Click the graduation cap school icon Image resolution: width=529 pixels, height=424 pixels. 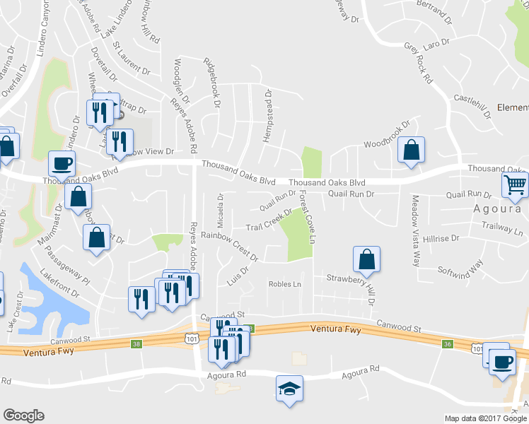[x=288, y=389]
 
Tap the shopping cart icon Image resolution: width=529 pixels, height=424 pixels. [x=516, y=186]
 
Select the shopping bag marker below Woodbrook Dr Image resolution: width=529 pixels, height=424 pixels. [x=410, y=150]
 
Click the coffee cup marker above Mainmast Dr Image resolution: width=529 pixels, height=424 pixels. [x=62, y=164]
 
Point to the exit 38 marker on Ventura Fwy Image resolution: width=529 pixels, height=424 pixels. [x=135, y=343]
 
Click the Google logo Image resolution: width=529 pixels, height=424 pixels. [x=24, y=416]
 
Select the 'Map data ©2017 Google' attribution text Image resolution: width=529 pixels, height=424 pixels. [x=485, y=418]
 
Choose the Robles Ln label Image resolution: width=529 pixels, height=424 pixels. [x=284, y=284]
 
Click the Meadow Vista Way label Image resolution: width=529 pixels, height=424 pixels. [x=416, y=230]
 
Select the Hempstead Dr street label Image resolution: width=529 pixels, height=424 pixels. [x=267, y=115]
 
